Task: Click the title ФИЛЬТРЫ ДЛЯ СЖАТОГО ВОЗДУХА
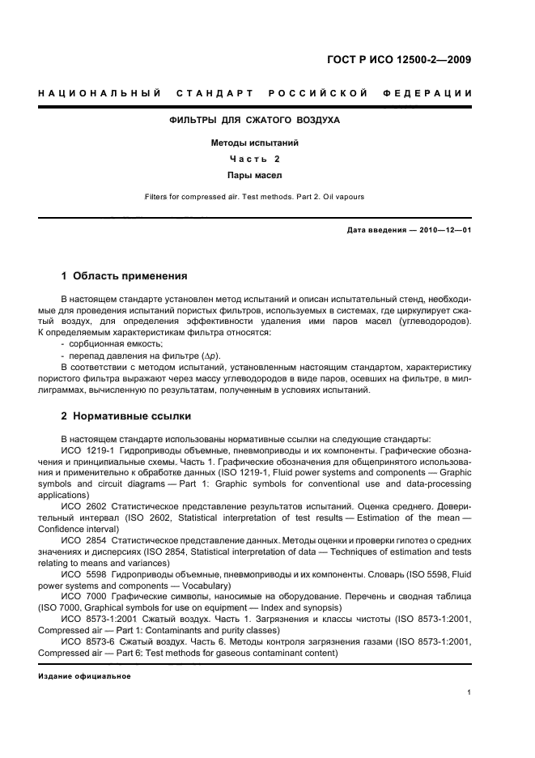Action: point(253,121)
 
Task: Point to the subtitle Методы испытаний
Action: point(254,143)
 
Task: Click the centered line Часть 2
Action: point(254,159)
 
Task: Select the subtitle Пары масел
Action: point(254,175)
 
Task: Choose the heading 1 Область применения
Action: point(124,276)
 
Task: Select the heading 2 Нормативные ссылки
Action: point(126,417)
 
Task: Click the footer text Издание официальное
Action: point(84,676)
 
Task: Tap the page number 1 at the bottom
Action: point(469,692)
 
